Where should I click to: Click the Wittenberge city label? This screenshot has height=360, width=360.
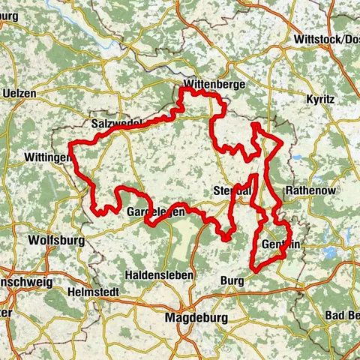214,85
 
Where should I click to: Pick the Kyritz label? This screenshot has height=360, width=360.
321,99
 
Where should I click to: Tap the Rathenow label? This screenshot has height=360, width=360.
310,189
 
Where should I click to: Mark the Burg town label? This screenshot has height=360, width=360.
232,280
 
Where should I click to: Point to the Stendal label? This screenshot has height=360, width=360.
231,189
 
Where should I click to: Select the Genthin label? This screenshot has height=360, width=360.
282,244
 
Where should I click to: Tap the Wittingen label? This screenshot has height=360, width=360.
48,159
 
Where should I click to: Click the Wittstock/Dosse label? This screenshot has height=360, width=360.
327,39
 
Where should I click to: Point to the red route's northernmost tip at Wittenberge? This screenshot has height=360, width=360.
182,91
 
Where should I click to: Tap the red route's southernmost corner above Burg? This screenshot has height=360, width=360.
253,268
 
